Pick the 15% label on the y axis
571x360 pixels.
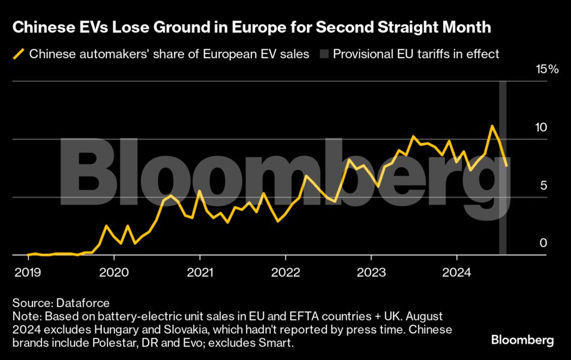pos(546,69)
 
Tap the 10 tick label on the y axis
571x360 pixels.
pos(542,127)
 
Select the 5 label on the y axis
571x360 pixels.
pos(543,185)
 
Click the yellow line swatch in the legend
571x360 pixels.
pos(19,55)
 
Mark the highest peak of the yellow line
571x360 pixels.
pos(492,126)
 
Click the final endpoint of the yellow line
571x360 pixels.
pos(507,166)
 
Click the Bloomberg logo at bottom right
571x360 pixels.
pos(522,340)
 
